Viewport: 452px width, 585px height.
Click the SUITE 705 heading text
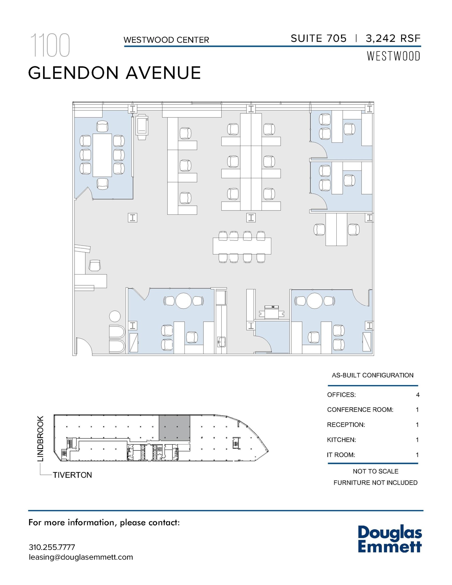[x=318, y=39]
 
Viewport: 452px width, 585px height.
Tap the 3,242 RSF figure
[x=393, y=39]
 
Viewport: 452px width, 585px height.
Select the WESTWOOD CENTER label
[x=166, y=40]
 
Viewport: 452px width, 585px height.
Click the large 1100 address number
[x=50, y=45]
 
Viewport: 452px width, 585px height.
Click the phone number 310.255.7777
[x=52, y=547]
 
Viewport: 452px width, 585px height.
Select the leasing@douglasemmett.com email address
[x=81, y=557]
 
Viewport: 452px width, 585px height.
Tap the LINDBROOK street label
[x=41, y=439]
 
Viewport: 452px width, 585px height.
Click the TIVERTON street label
[x=72, y=475]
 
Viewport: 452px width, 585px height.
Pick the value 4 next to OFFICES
[x=418, y=395]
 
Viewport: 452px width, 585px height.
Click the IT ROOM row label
[x=341, y=455]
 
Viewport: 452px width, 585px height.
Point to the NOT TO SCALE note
[x=375, y=471]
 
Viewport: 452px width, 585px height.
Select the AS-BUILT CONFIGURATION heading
[x=372, y=375]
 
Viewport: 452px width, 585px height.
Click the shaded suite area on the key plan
[x=174, y=428]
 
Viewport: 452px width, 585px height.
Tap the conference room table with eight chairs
[x=102, y=155]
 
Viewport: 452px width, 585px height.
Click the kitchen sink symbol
[x=221, y=342]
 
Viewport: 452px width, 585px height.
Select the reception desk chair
[x=95, y=265]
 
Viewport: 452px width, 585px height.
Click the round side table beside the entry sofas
[x=115, y=316]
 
